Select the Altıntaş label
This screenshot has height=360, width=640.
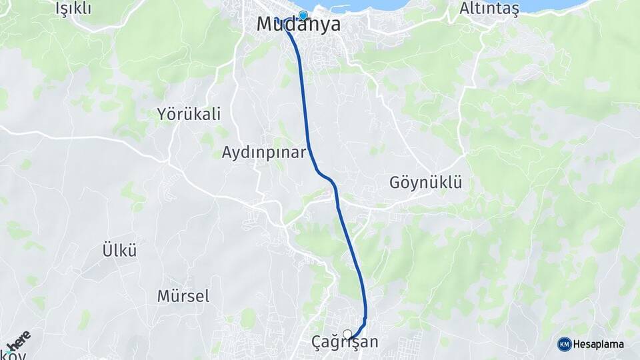click(x=489, y=8)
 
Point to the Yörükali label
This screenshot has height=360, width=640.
click(x=189, y=113)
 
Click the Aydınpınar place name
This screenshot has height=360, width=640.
click(x=264, y=152)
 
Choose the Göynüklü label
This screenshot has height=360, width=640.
click(x=426, y=182)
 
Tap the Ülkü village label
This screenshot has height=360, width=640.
click(x=119, y=251)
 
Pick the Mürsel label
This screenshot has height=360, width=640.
click(x=183, y=295)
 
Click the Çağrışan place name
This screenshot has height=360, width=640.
click(x=345, y=343)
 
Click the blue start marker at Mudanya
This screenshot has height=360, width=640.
click(x=303, y=15)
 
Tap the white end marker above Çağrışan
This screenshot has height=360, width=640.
click(x=347, y=333)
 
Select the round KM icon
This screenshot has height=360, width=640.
click(x=564, y=344)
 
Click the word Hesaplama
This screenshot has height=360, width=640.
click(x=599, y=344)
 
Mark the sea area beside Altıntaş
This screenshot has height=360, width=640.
click(x=553, y=5)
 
